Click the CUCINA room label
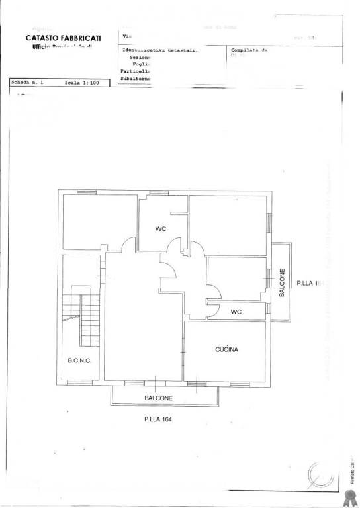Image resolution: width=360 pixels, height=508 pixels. [x=226, y=349]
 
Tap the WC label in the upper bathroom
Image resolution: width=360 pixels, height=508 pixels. [x=160, y=229]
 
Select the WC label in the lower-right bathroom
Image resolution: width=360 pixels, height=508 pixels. [x=236, y=312]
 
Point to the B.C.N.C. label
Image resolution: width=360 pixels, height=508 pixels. [x=79, y=360]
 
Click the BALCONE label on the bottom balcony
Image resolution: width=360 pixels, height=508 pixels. [x=159, y=398]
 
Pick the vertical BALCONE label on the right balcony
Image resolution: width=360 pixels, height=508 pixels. [x=282, y=282]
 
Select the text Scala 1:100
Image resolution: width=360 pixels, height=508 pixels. [x=82, y=84]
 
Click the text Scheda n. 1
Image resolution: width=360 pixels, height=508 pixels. [x=28, y=84]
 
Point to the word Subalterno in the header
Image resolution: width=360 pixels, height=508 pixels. [x=136, y=79]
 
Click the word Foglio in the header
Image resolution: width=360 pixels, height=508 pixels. [x=141, y=64]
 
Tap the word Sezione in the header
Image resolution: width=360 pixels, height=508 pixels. [x=140, y=58]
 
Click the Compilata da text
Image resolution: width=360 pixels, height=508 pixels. [x=250, y=50]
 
